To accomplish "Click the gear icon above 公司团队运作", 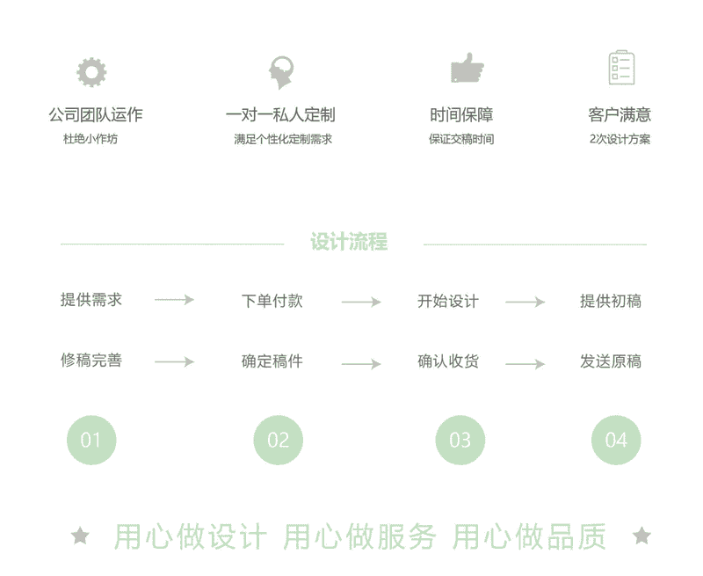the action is [x=91, y=72].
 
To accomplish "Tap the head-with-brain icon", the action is [x=281, y=72].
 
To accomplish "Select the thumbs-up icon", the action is [x=467, y=69].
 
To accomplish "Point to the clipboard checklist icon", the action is [x=621, y=68].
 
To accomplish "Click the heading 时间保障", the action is [x=461, y=115].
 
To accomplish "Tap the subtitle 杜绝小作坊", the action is [x=91, y=139].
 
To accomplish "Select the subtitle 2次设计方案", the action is [x=620, y=139].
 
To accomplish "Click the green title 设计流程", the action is [x=349, y=241].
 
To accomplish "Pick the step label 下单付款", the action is [x=272, y=301].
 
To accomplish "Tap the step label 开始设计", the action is [x=448, y=301].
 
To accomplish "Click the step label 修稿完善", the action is [x=91, y=360].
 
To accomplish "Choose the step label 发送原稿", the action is [x=610, y=361].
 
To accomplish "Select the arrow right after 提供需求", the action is [x=174, y=299].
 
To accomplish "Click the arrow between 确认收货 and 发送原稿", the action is [x=525, y=364].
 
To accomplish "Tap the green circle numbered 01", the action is [x=91, y=440].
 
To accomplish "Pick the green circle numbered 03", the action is [x=460, y=440].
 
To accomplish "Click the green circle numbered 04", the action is [x=616, y=440].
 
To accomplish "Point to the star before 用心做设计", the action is [x=80, y=536].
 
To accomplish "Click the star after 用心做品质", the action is [x=641, y=536].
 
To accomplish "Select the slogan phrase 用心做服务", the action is [x=359, y=536].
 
